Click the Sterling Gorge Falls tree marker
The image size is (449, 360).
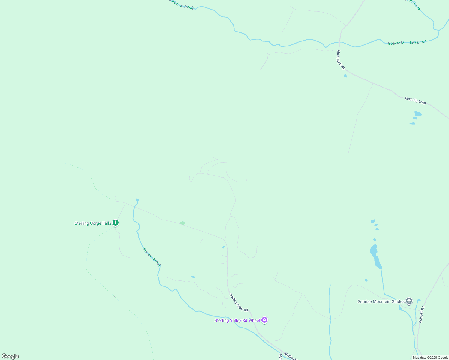[116, 223]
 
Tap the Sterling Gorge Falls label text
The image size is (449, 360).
[93, 223]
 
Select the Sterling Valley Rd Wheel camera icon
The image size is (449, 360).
[264, 320]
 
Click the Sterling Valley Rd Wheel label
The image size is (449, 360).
[237, 320]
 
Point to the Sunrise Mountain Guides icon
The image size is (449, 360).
[409, 301]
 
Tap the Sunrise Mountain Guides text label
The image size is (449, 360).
[381, 301]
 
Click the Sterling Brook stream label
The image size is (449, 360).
[152, 257]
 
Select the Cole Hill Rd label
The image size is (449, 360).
[422, 314]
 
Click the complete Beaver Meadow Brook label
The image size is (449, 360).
[408, 43]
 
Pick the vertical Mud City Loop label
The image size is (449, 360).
[341, 60]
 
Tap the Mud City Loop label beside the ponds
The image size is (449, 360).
[415, 100]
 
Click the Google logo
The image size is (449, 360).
[10, 356]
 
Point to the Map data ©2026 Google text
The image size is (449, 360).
[430, 358]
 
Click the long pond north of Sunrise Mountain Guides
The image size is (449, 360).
[375, 256]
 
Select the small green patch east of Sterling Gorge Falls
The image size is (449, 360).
[182, 223]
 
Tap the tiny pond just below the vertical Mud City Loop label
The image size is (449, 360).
[345, 76]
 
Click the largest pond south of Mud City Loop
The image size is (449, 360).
[418, 114]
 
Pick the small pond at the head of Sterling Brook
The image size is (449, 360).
[137, 200]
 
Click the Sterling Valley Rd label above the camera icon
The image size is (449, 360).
[239, 302]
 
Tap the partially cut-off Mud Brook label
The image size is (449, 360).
[414, 4]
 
